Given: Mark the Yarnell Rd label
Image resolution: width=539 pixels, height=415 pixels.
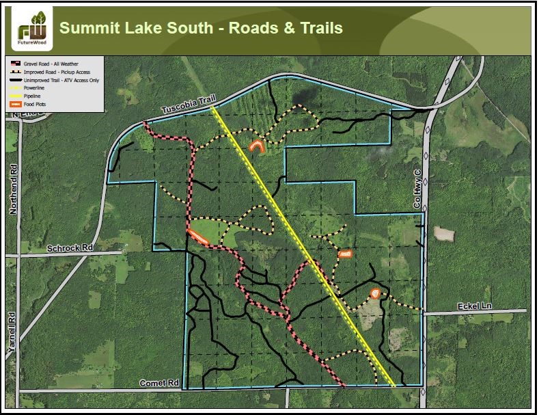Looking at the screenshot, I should coord(11,333).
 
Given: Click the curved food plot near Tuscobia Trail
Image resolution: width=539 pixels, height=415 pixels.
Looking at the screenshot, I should coord(258,146).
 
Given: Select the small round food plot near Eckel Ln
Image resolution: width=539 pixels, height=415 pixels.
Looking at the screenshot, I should coord(375,293).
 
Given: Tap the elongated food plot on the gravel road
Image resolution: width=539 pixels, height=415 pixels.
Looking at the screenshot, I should coord(198,237).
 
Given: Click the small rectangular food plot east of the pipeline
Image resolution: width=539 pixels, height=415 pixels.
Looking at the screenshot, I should coord(344,254).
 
